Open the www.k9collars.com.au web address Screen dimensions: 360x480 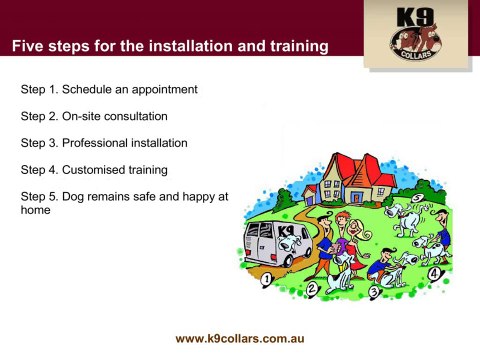[240, 338]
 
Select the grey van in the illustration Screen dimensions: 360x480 [274, 245]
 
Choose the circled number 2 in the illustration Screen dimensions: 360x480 [311, 289]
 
